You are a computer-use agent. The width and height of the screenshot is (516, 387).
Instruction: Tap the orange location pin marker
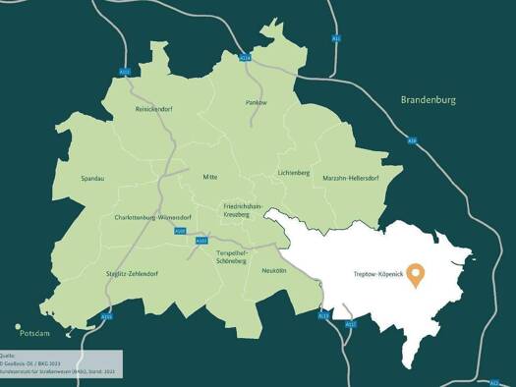(x=417, y=274)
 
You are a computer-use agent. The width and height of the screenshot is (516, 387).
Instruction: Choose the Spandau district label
(x=94, y=179)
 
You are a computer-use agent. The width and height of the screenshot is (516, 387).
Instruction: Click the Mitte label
(x=209, y=177)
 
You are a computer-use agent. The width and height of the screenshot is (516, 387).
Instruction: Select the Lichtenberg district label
(x=293, y=173)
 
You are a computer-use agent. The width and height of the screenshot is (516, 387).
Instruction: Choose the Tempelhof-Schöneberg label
(x=236, y=257)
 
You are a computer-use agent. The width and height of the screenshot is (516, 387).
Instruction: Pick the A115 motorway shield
(x=107, y=316)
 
